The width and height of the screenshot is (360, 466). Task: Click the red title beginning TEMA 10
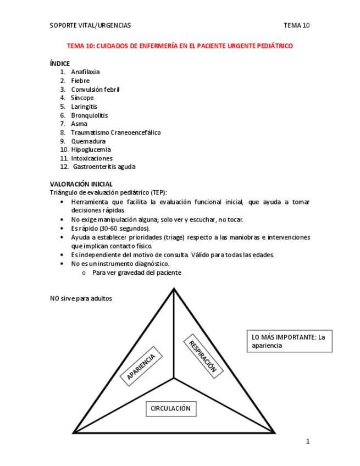(x=180, y=46)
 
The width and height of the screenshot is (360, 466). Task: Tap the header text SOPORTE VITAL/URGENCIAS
(x=90, y=25)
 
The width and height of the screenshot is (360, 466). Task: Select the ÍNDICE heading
(x=60, y=64)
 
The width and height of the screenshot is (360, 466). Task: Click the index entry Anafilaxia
(x=85, y=72)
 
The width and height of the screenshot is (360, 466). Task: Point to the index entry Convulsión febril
(x=95, y=90)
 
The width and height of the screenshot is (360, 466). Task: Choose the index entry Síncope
(x=82, y=98)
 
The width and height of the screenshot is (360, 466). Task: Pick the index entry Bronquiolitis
(x=89, y=115)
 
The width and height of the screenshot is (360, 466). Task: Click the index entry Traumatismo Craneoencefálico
(x=115, y=132)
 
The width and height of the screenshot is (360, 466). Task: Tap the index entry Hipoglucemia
(x=91, y=149)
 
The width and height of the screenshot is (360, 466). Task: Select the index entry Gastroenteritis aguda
(x=104, y=167)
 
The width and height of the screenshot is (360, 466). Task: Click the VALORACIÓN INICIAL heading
(x=81, y=184)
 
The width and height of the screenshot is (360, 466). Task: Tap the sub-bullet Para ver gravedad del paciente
(x=136, y=273)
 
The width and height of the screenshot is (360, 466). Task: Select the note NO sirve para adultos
(x=81, y=298)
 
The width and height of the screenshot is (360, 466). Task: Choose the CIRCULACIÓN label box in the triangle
(x=170, y=408)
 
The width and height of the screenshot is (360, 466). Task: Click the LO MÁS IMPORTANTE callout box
(x=290, y=341)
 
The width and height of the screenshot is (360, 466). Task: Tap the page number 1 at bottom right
(x=308, y=441)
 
